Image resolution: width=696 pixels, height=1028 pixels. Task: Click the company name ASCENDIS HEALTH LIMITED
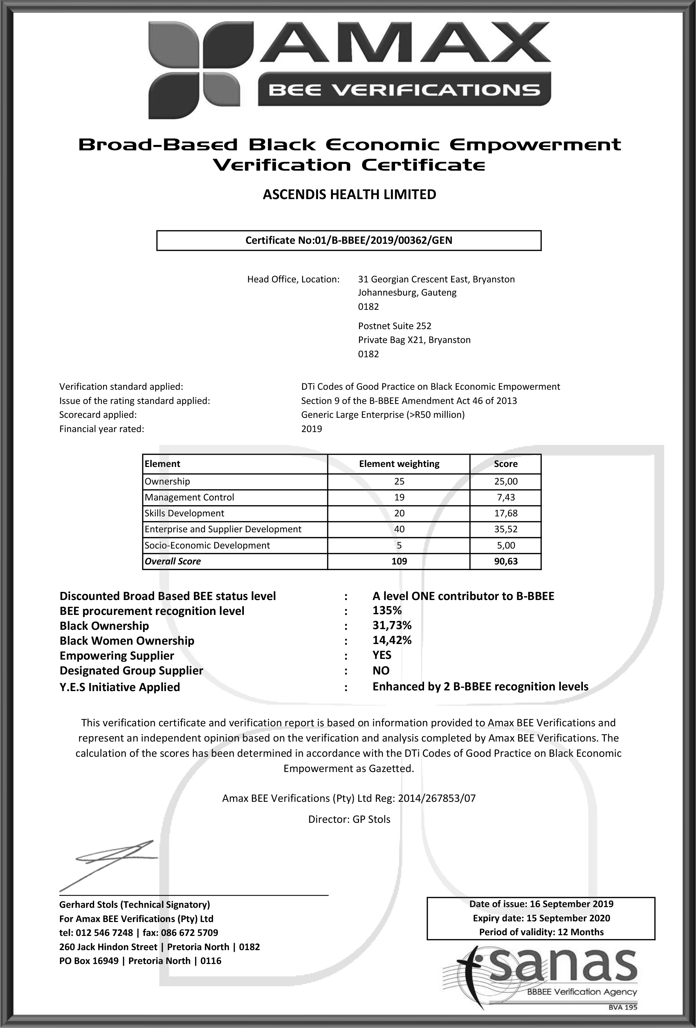point(349,195)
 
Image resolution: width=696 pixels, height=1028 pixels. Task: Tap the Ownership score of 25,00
point(505,481)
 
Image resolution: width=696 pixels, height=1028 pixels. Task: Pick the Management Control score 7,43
point(505,497)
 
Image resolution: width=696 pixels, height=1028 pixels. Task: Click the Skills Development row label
point(185,513)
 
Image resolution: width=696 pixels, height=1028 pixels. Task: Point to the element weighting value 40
point(399,529)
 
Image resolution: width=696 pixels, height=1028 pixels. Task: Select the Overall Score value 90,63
point(505,561)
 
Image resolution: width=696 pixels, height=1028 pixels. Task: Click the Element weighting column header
point(399,464)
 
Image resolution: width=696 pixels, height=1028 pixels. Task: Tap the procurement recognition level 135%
point(387,611)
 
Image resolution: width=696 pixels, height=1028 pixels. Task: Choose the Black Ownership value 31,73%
point(392,625)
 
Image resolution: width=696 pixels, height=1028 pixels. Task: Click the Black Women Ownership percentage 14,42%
point(392,640)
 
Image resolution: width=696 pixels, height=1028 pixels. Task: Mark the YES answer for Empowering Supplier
point(382,655)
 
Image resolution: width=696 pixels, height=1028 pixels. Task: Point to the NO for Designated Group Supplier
point(381,670)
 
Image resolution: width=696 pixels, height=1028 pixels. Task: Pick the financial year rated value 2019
point(312,429)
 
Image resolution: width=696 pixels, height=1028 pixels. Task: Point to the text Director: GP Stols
point(349,819)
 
